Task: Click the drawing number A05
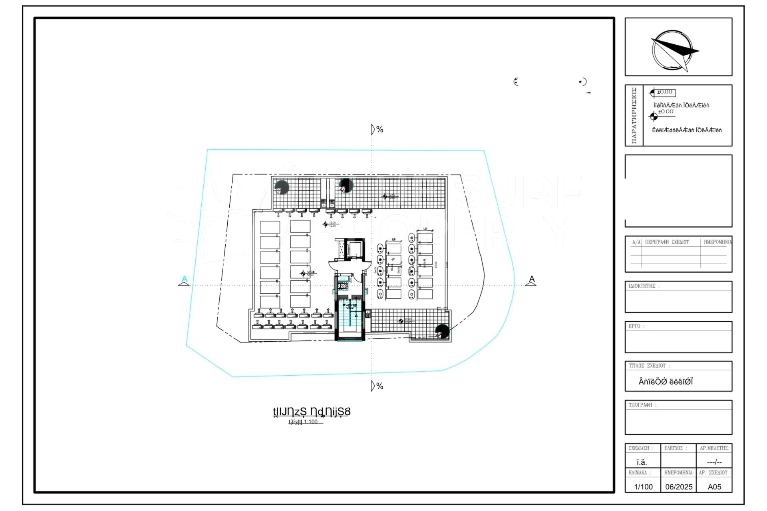(714, 487)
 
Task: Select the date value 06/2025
(679, 487)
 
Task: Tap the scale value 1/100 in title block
(643, 487)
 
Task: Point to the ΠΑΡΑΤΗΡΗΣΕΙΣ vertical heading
(634, 115)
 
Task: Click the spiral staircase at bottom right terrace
(442, 331)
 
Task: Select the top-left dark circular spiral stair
(282, 187)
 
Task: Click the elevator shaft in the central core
(354, 249)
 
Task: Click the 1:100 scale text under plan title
(310, 422)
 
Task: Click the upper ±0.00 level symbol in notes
(663, 93)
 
